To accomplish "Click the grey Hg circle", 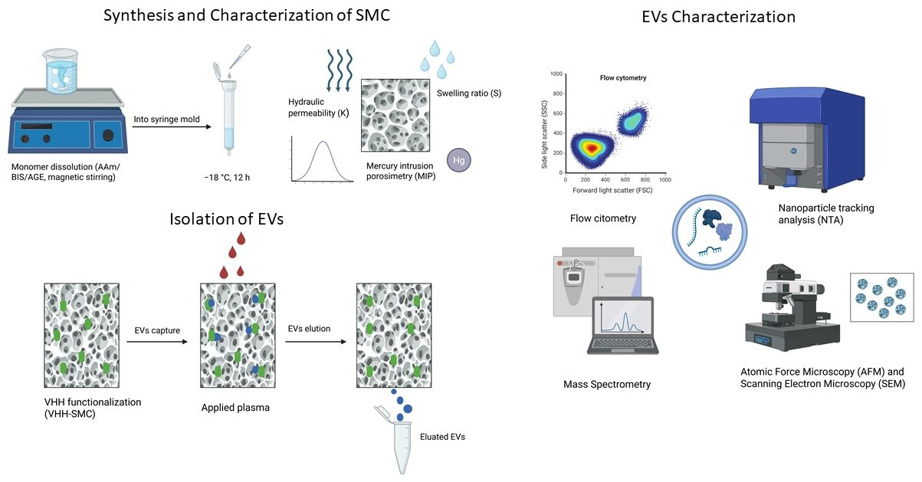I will (x=458, y=160).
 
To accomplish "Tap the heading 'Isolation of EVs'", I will (x=226, y=219).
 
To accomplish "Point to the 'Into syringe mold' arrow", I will (x=169, y=128).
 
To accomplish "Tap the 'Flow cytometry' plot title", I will (x=622, y=78).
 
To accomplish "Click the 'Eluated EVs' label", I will (x=443, y=437).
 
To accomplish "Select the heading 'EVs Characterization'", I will (x=717, y=16).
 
